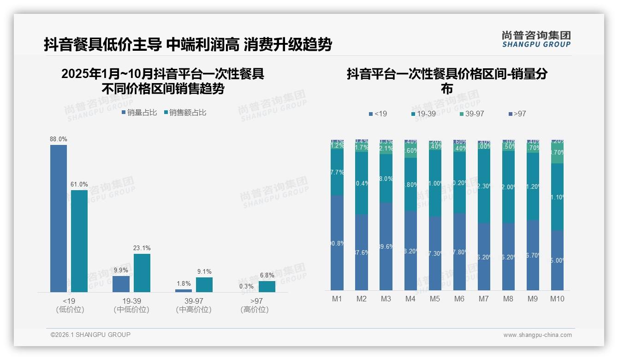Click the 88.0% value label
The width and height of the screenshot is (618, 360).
(x=59, y=139)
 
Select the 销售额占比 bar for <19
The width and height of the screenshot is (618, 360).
(x=79, y=241)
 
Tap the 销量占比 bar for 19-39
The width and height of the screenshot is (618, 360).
(x=121, y=284)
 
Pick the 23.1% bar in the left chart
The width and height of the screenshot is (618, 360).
(x=142, y=273)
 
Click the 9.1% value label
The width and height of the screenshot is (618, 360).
(x=204, y=271)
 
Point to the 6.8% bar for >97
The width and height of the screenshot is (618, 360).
(x=267, y=286)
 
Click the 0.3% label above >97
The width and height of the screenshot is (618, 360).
(x=246, y=286)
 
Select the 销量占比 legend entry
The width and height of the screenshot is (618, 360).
(x=139, y=112)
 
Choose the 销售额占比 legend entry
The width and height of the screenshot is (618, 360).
(x=184, y=112)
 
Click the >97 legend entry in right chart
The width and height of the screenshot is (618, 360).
(x=517, y=114)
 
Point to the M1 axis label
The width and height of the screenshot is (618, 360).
(x=337, y=299)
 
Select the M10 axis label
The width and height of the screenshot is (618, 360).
(x=557, y=299)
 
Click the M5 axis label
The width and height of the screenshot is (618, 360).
(x=435, y=299)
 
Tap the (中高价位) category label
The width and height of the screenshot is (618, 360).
(x=194, y=310)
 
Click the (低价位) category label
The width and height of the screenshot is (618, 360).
(x=70, y=310)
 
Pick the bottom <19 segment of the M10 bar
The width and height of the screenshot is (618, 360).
(x=557, y=260)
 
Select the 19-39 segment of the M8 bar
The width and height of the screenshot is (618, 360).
(x=508, y=187)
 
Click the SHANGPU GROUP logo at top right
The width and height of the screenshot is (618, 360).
(x=536, y=39)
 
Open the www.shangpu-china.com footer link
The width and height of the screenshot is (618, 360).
(x=537, y=335)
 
